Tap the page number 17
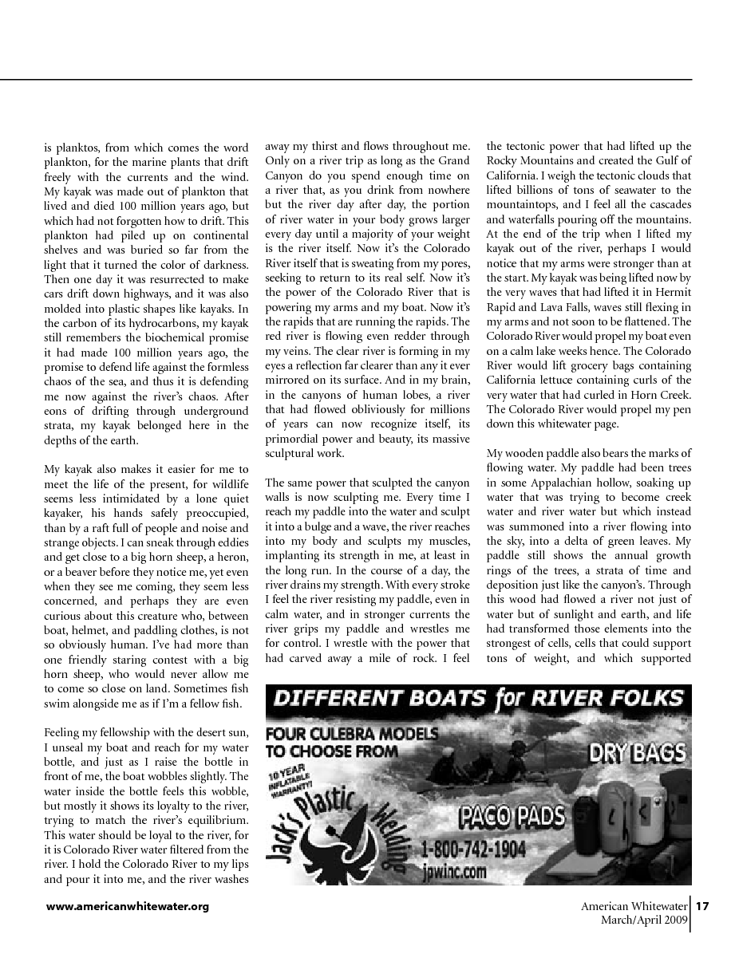[702, 906]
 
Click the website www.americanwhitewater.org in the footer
[128, 906]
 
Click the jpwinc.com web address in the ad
[455, 872]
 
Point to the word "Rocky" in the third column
[503, 161]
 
